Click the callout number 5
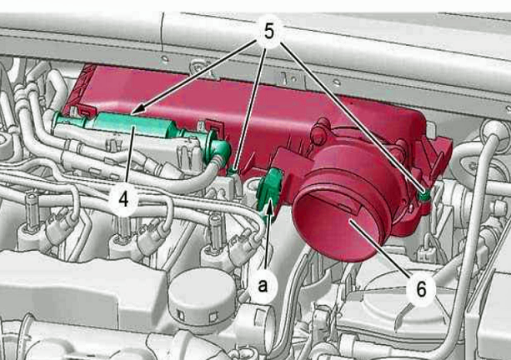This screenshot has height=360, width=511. click(268, 32)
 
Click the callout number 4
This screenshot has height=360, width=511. click(123, 198)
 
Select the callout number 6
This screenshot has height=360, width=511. click(421, 288)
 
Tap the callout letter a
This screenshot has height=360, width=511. click(263, 286)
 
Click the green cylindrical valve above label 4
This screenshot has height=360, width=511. click(133, 124)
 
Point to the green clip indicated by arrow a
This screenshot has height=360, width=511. click(268, 192)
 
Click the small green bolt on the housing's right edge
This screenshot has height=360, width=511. click(424, 196)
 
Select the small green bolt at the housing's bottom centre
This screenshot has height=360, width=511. click(233, 170)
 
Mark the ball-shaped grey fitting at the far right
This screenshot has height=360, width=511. click(493, 130)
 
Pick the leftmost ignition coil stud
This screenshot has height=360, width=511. click(32, 212)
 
